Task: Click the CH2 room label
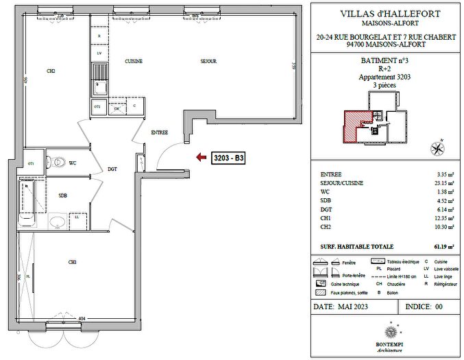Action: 51,71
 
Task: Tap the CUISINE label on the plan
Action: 134,62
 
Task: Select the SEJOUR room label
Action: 208,62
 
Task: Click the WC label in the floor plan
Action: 73,163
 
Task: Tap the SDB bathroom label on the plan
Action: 62,195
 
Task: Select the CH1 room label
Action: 72,262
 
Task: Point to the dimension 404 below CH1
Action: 81,319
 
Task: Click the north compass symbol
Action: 435,147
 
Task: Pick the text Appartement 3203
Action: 386,78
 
